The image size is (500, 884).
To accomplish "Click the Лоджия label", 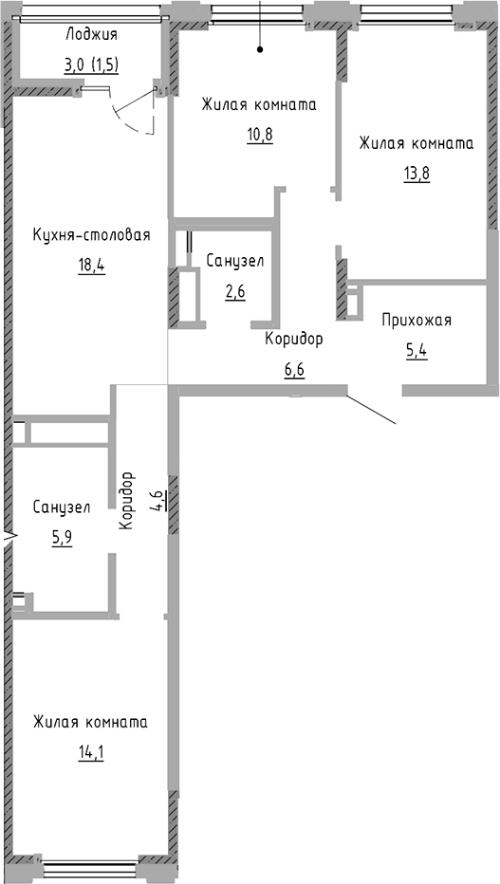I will (91, 35).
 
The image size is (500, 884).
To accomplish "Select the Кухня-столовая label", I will (91, 235).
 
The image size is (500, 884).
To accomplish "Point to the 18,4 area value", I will (91, 265).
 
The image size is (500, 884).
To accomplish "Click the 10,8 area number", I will (259, 134).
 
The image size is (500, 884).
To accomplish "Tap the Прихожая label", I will (417, 320).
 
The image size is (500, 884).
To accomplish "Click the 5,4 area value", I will (417, 351).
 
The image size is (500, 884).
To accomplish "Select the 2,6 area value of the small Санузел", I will (234, 291).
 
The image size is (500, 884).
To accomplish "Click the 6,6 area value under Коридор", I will (294, 368).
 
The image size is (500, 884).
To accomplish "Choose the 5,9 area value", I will (61, 537).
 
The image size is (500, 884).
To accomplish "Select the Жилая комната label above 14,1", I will (91, 722).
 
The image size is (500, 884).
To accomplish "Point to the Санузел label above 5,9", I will (61, 507).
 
